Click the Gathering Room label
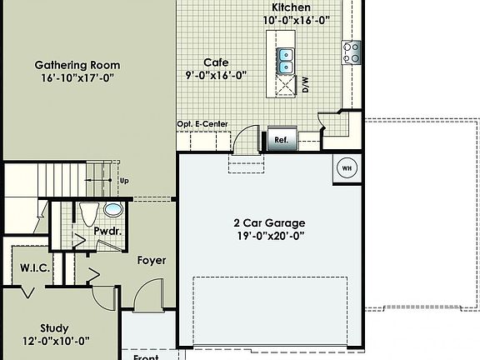click(x=77, y=65)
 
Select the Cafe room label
click(x=216, y=62)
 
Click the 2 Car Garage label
click(x=268, y=223)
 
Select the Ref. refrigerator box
click(x=281, y=140)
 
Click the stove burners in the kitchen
click(x=351, y=52)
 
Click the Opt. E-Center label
click(x=202, y=124)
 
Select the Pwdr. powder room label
click(x=105, y=228)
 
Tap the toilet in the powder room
click(x=87, y=212)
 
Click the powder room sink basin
click(x=112, y=208)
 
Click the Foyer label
click(x=151, y=260)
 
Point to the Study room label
click(x=54, y=327)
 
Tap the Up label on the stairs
click(x=124, y=180)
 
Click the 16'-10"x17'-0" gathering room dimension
click(x=77, y=79)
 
